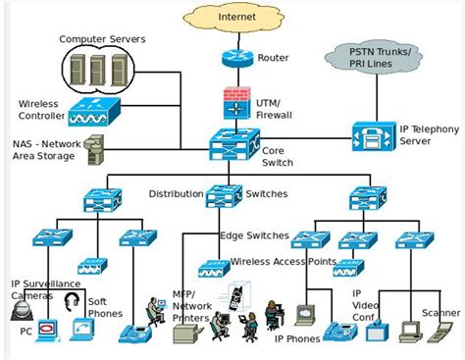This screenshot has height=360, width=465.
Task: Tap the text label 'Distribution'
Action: (x=176, y=193)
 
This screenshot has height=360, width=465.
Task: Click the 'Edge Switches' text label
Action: (x=254, y=235)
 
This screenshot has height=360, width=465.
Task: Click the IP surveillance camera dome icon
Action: (x=23, y=311)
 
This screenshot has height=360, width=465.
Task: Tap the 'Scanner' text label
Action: (x=441, y=313)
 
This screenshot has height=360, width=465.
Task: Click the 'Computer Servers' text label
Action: (x=102, y=38)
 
